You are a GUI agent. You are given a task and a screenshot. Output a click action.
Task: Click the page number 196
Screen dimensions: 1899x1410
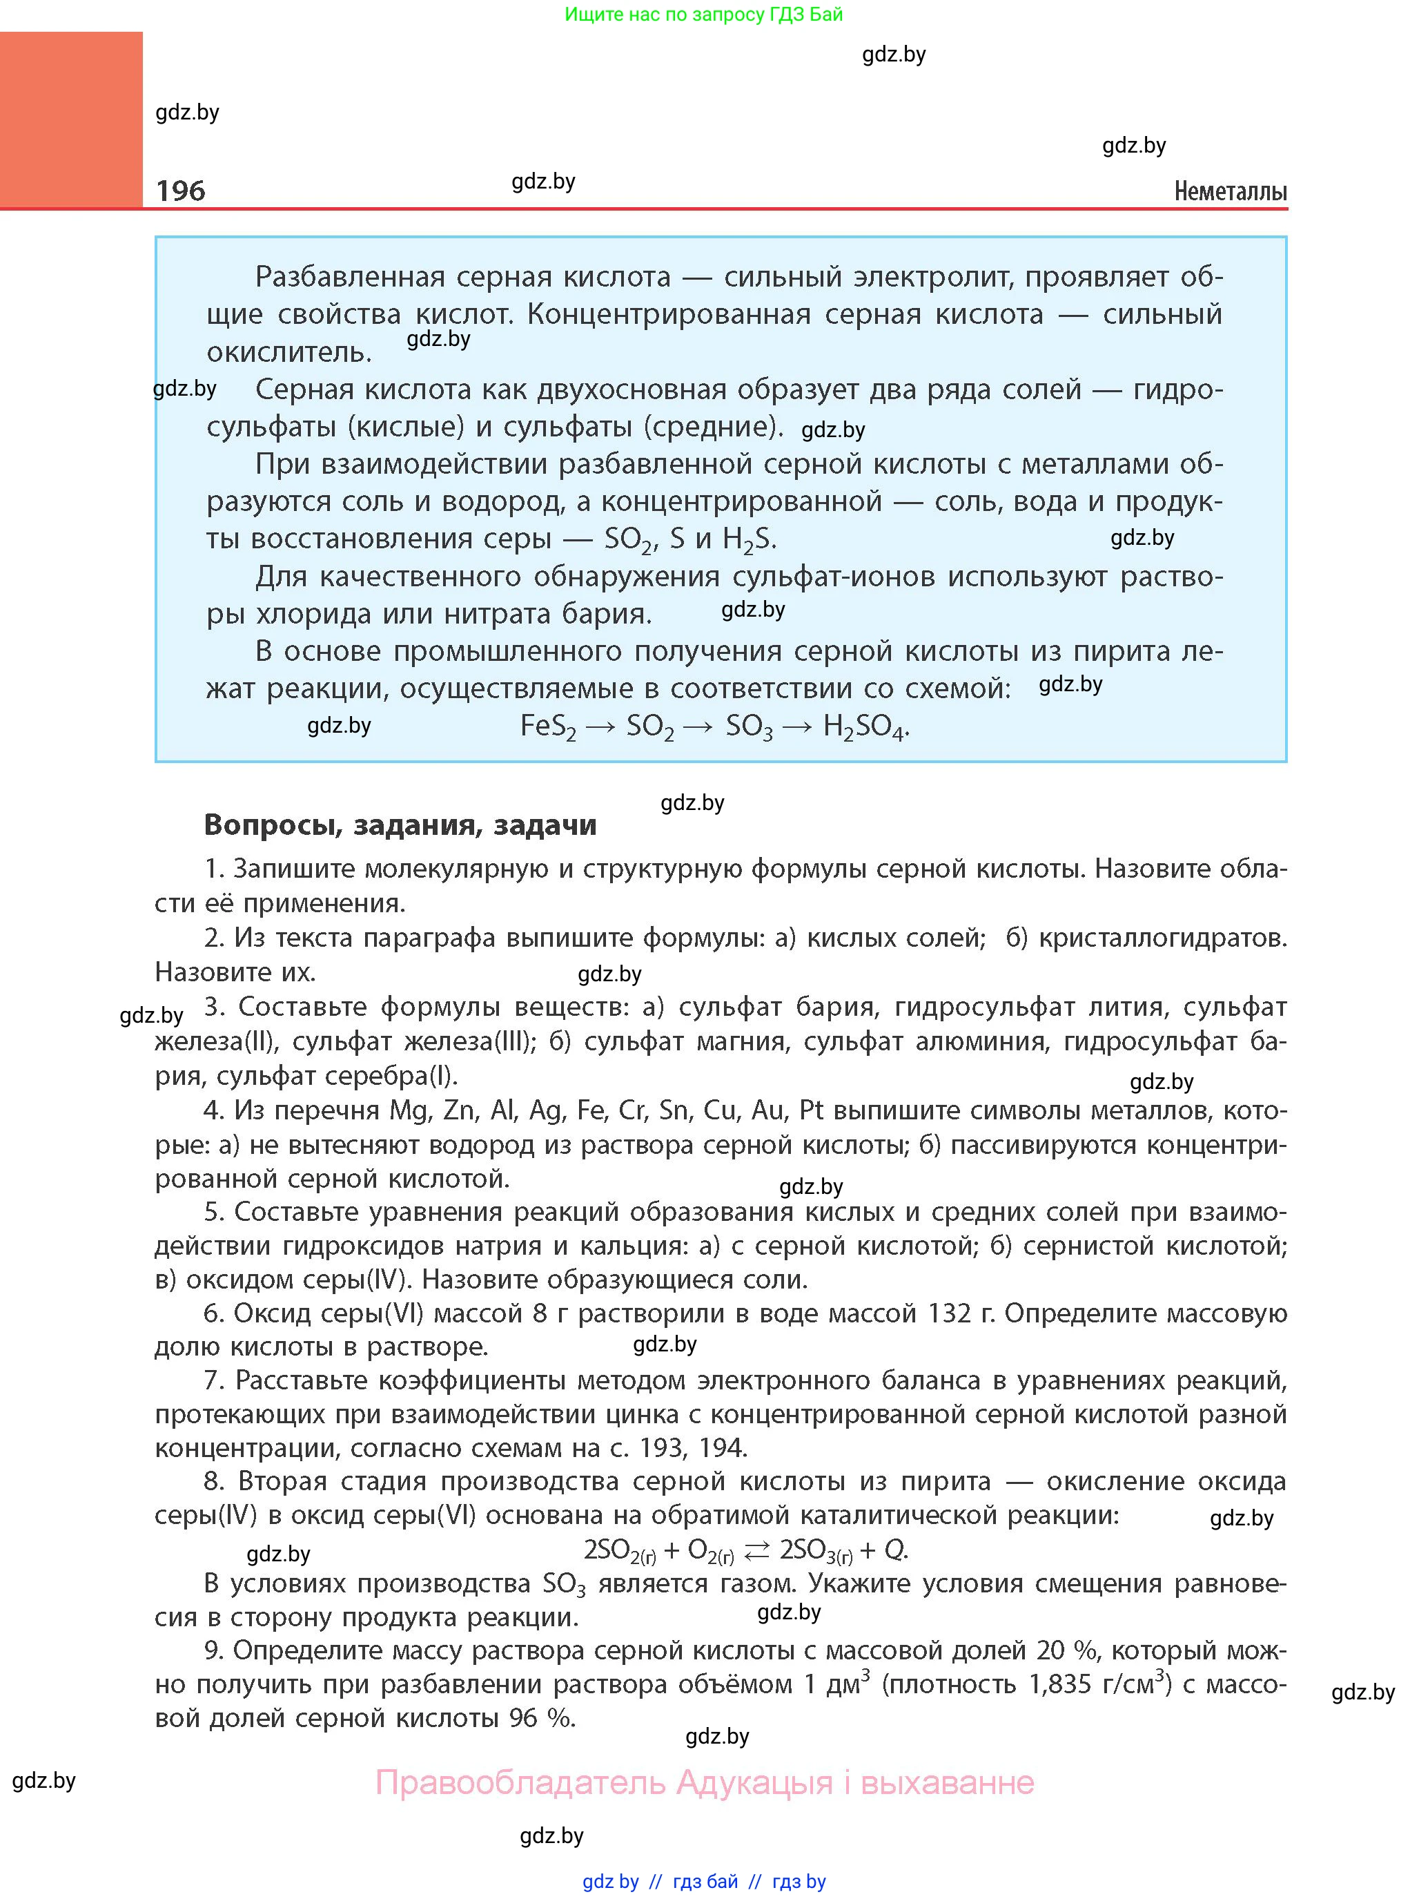tap(180, 191)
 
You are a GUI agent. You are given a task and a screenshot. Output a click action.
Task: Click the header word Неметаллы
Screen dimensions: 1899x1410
tap(1230, 191)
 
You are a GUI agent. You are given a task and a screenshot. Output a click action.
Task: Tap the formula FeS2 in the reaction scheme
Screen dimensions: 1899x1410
tap(548, 726)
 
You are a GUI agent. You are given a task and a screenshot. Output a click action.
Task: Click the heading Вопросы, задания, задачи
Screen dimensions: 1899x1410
tap(400, 825)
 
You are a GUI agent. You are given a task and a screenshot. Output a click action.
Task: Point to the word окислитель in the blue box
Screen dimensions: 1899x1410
tap(288, 351)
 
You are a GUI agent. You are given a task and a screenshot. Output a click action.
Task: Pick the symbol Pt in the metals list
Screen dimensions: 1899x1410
tap(811, 1111)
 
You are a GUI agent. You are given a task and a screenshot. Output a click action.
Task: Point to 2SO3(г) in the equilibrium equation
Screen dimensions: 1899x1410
tap(816, 1550)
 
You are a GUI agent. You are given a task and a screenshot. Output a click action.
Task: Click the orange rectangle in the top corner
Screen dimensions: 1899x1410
tap(71, 119)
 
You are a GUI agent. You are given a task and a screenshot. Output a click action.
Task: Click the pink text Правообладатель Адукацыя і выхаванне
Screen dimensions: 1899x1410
tap(704, 1783)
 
